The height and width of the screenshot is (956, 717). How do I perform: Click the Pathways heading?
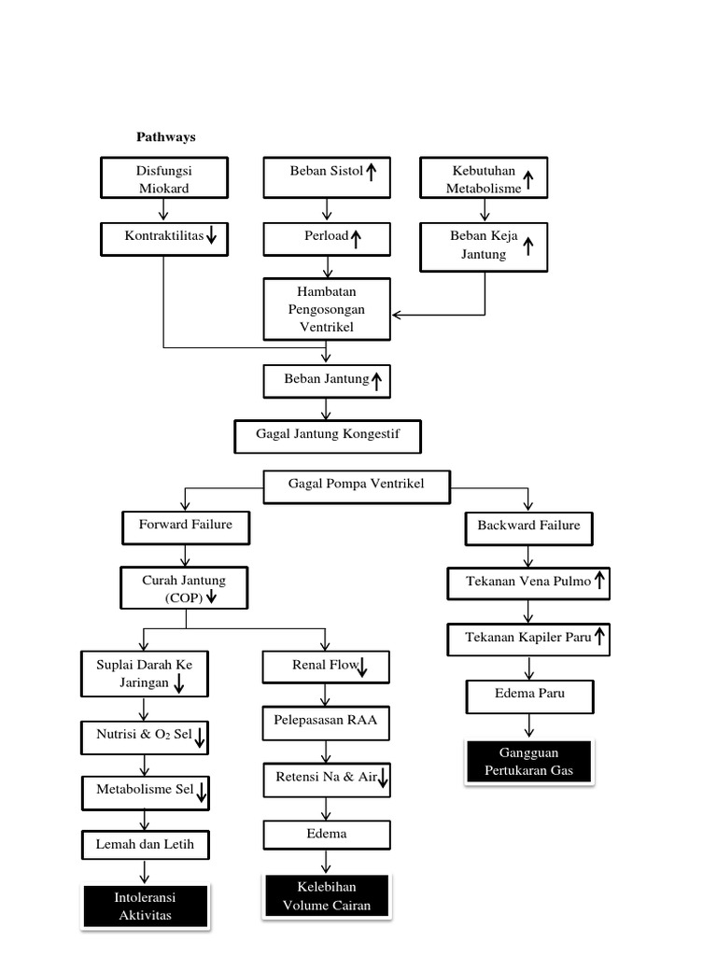click(166, 137)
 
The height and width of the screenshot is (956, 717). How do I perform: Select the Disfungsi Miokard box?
click(163, 178)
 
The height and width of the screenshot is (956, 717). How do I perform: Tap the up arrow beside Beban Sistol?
click(371, 172)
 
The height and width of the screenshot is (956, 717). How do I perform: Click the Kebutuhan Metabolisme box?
click(484, 178)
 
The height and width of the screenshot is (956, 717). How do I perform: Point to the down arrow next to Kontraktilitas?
click(212, 238)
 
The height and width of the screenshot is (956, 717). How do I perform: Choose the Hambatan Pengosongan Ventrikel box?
click(327, 309)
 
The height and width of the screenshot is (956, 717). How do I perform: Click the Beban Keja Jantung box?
click(484, 246)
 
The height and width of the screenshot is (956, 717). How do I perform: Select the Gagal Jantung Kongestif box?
click(327, 435)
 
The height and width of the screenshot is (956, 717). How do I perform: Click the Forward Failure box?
click(186, 526)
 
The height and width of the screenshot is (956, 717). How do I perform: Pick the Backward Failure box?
click(528, 527)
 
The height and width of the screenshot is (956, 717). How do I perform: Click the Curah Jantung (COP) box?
click(184, 588)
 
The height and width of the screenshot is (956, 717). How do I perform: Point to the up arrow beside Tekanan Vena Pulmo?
click(599, 583)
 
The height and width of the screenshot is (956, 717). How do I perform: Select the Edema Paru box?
click(528, 695)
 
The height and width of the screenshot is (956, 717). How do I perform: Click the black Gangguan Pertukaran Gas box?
click(528, 762)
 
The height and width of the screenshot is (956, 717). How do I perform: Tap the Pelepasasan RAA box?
click(326, 722)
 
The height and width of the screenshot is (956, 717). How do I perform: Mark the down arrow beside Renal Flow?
click(362, 667)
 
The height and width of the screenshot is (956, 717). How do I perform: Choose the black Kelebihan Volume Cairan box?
click(326, 895)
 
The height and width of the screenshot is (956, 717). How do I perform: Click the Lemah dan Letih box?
click(145, 845)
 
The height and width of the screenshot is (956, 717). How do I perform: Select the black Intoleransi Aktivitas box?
click(146, 907)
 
